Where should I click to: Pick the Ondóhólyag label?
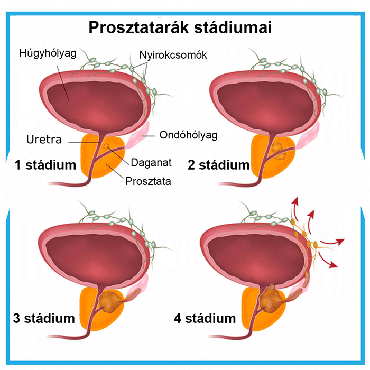tap(189, 135)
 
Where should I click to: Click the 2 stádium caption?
tap(219, 165)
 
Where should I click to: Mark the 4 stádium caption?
tap(205, 318)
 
